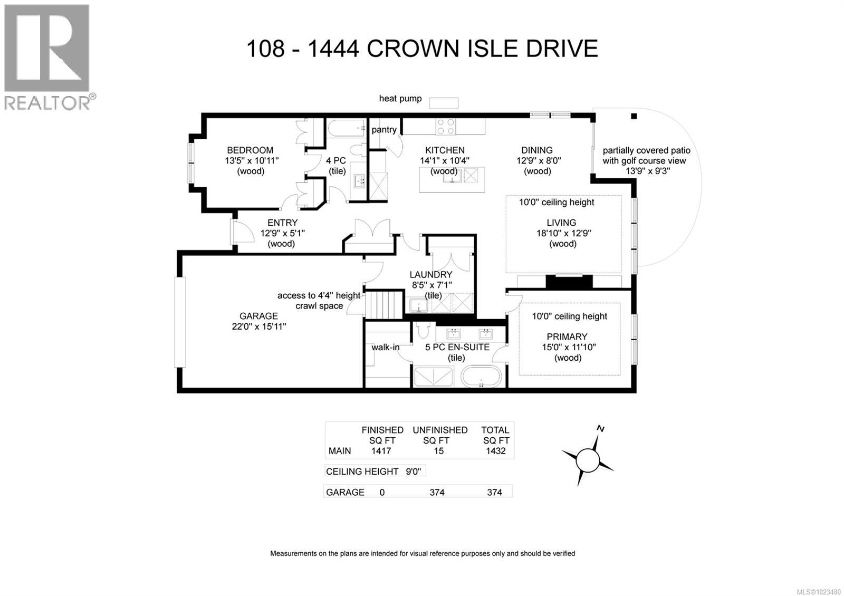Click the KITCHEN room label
(x=445, y=150)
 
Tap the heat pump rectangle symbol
(x=443, y=103)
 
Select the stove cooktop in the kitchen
(x=445, y=127)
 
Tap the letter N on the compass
(x=600, y=428)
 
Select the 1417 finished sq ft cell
(x=381, y=451)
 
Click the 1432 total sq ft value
(x=495, y=451)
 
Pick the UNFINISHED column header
(x=440, y=430)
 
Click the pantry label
(x=384, y=130)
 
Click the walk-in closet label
(x=386, y=347)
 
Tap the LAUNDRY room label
(x=431, y=274)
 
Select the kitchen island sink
(x=452, y=176)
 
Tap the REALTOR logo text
(x=47, y=102)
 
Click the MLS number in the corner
(x=820, y=592)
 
